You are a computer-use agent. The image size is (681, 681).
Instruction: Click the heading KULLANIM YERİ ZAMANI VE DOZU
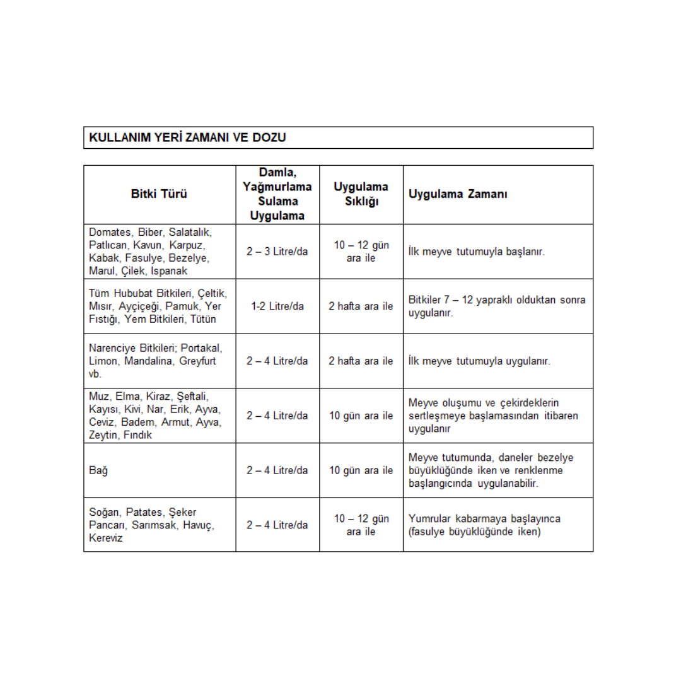tap(187, 137)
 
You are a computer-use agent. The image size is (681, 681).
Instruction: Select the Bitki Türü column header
tap(159, 194)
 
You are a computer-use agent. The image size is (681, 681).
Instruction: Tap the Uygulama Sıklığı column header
tap(361, 194)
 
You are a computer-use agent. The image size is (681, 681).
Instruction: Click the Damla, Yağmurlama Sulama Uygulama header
tap(277, 194)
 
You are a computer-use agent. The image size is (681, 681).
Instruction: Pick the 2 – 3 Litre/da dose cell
tap(277, 252)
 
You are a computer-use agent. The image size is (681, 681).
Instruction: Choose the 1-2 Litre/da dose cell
tap(277, 306)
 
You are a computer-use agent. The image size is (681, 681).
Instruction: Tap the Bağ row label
tap(96, 470)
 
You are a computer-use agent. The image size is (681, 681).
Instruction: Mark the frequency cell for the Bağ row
tap(361, 470)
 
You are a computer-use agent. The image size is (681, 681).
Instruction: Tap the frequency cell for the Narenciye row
tap(361, 361)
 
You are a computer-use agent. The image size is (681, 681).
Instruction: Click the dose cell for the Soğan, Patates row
tap(277, 525)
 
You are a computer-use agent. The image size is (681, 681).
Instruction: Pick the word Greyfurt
tap(197, 361)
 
